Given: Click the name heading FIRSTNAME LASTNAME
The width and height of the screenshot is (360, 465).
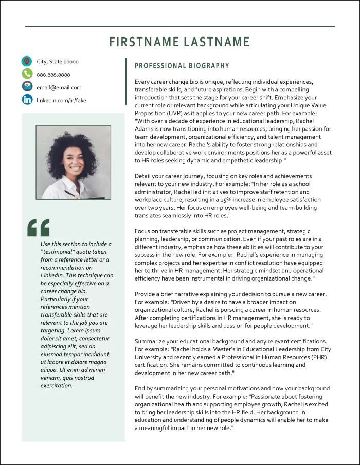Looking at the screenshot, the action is pos(180,42).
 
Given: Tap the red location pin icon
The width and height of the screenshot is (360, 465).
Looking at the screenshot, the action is pos(27,62).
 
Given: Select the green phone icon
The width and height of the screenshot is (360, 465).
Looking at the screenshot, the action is pos(27,75).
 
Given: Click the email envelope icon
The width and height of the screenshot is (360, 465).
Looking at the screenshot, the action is pos(27,87).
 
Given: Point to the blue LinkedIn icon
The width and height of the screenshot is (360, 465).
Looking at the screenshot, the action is pos(27,100).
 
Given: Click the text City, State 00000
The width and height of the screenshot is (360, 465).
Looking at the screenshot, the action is pos(58,62).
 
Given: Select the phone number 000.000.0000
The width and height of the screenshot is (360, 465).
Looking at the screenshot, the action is pos(53,75).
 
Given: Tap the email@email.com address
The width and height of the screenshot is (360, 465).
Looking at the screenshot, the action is pos(59,87).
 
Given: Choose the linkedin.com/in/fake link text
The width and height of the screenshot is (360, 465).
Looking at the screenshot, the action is pos(61,100).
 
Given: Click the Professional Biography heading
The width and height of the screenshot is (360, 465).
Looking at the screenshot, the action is pos(182,66).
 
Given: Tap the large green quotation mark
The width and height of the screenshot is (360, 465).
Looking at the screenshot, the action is pos(39,227).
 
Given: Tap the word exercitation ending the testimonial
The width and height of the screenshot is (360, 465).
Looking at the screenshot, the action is pos(57,385).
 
